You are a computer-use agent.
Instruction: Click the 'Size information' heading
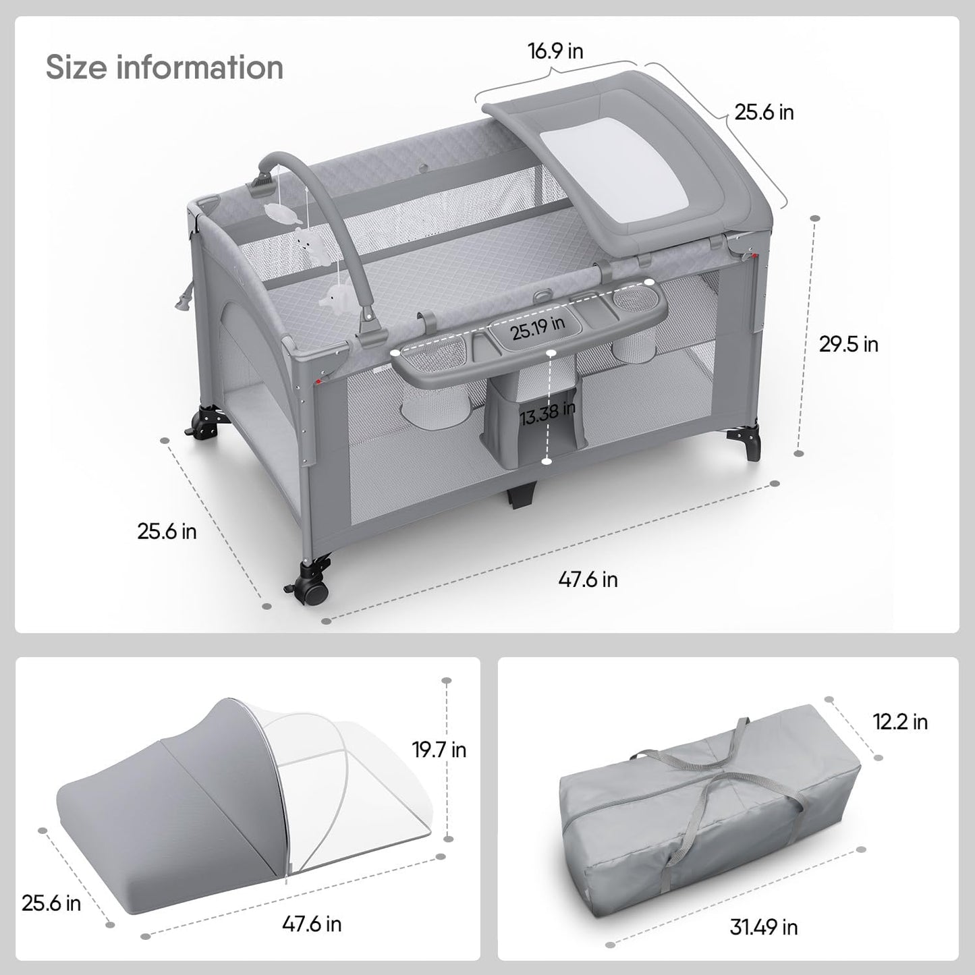pos(165,67)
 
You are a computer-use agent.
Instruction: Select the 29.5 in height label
pos(849,344)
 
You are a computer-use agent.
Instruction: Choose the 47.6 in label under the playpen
pos(588,579)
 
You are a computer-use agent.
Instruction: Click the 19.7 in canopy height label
pos(439,749)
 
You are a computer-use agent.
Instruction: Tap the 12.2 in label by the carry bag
pos(901,722)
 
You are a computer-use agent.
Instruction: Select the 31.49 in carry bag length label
pos(764,927)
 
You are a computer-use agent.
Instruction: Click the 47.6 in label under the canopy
pos(312,923)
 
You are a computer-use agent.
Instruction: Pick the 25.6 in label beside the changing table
pos(764,112)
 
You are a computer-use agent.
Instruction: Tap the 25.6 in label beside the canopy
pos(51,903)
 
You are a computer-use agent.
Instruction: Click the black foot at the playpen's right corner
pos(754,446)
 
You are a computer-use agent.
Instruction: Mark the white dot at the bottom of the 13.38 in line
pos(547,461)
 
